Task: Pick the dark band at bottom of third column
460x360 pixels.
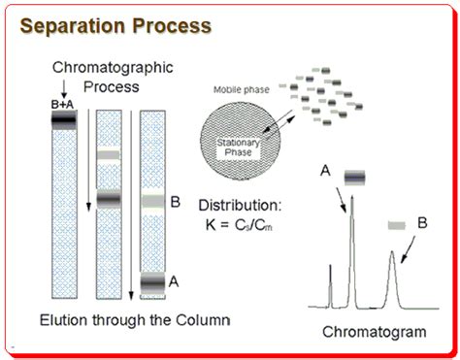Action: [x=152, y=282]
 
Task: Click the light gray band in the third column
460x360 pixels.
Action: [x=152, y=202]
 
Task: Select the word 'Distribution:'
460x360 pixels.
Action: [x=241, y=206]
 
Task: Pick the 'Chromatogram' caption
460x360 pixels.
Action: [x=374, y=332]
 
